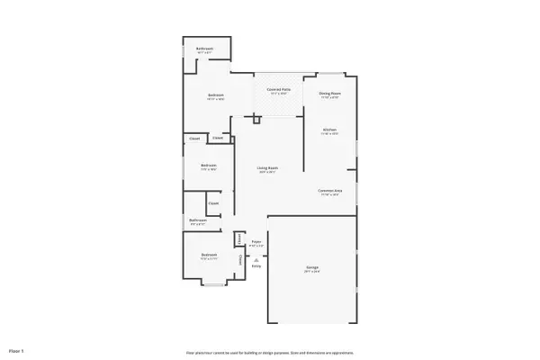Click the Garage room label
pyautogui.click(x=311, y=268)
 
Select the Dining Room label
pyautogui.click(x=329, y=93)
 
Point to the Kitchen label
pyautogui.click(x=329, y=129)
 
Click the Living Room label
pyautogui.click(x=266, y=167)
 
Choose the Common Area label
pyautogui.click(x=328, y=190)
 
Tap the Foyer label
pyautogui.click(x=256, y=241)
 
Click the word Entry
pyautogui.click(x=256, y=265)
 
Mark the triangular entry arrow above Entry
pyautogui.click(x=256, y=259)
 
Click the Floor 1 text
pyautogui.click(x=16, y=349)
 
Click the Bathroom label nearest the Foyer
pyautogui.click(x=198, y=220)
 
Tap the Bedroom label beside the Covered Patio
pyautogui.click(x=216, y=95)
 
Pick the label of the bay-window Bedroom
pyautogui.click(x=209, y=256)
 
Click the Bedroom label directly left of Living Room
pyautogui.click(x=208, y=165)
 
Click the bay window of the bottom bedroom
pyautogui.click(x=213, y=283)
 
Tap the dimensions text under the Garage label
pyautogui.click(x=311, y=273)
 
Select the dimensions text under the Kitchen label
pyautogui.click(x=329, y=134)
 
